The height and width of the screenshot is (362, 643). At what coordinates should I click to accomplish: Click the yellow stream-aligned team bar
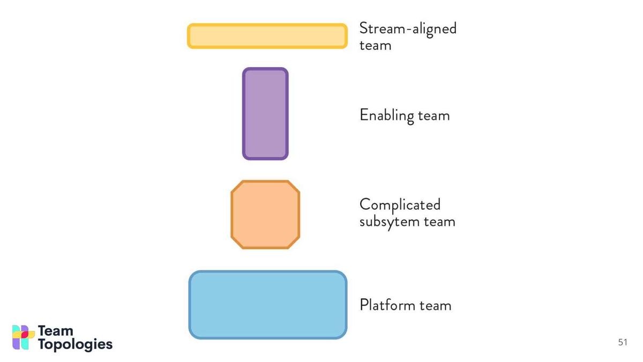(267, 36)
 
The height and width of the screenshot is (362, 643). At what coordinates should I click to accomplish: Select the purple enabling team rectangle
(265, 114)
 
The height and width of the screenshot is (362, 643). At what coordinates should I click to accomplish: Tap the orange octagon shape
(265, 215)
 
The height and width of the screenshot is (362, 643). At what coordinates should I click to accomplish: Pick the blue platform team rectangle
(268, 305)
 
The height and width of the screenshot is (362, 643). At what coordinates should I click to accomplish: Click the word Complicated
(400, 205)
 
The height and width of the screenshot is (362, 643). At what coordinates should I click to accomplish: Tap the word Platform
(387, 305)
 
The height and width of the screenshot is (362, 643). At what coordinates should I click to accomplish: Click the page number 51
(623, 342)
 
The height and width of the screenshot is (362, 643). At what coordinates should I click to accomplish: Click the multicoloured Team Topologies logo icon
(23, 337)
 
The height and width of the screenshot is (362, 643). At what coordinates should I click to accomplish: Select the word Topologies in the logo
(75, 344)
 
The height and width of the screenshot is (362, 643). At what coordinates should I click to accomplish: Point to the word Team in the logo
(55, 331)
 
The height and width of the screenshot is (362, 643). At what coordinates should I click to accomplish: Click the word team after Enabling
(433, 116)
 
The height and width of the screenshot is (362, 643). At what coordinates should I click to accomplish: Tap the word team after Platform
(435, 305)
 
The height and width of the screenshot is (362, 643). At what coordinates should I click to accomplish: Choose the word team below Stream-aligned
(375, 46)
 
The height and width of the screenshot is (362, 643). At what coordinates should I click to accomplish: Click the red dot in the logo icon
(25, 335)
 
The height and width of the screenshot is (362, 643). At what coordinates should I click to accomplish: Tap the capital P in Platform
(364, 305)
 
